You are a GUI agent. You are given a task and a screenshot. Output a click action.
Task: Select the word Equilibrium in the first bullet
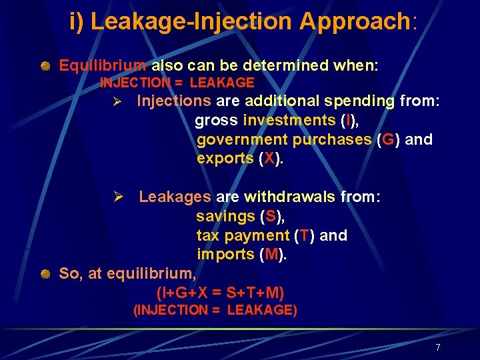(103, 65)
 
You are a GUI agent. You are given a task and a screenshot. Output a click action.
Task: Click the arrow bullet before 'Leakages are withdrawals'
(118, 197)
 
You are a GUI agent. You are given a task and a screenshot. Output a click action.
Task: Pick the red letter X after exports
(269, 159)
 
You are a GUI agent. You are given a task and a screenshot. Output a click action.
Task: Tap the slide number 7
(437, 347)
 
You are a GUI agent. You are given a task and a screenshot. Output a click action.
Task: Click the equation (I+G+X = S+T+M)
(220, 292)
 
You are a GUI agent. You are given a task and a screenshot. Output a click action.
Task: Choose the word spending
(362, 101)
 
